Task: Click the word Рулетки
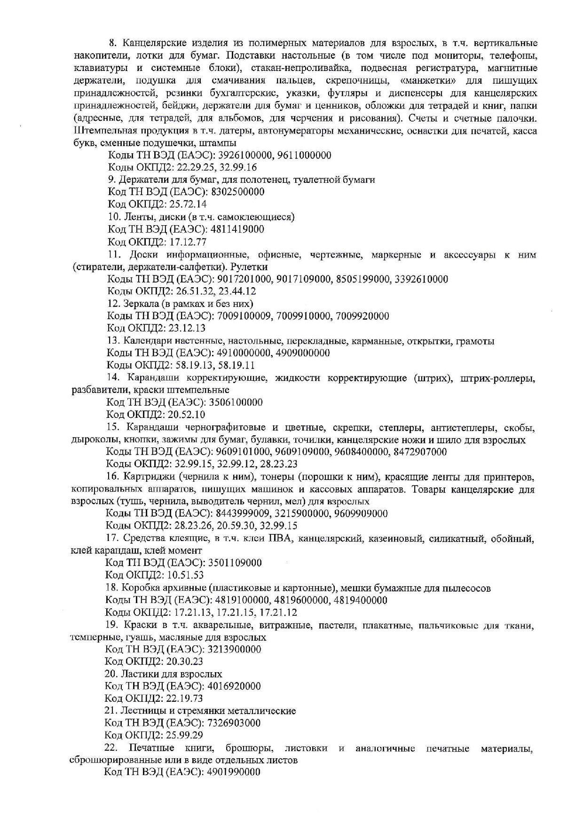[x=237, y=267]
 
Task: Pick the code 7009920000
[x=362, y=316]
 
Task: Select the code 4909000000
[x=303, y=353]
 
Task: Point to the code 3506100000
[x=236, y=402]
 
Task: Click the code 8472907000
[x=421, y=452]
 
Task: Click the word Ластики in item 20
[x=139, y=674]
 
